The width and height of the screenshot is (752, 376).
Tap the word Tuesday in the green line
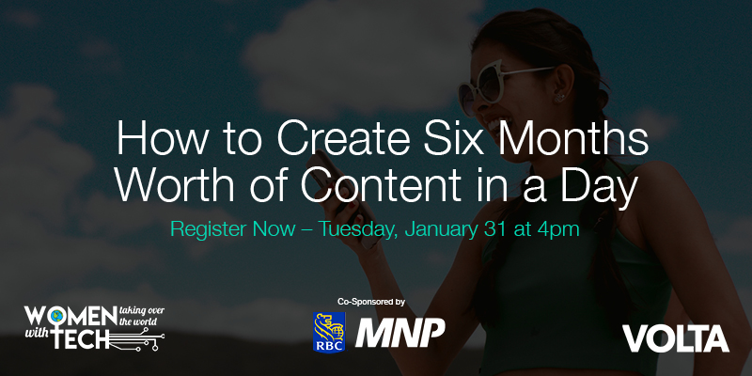point(358,228)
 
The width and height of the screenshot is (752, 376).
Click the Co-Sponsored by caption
point(370,302)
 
